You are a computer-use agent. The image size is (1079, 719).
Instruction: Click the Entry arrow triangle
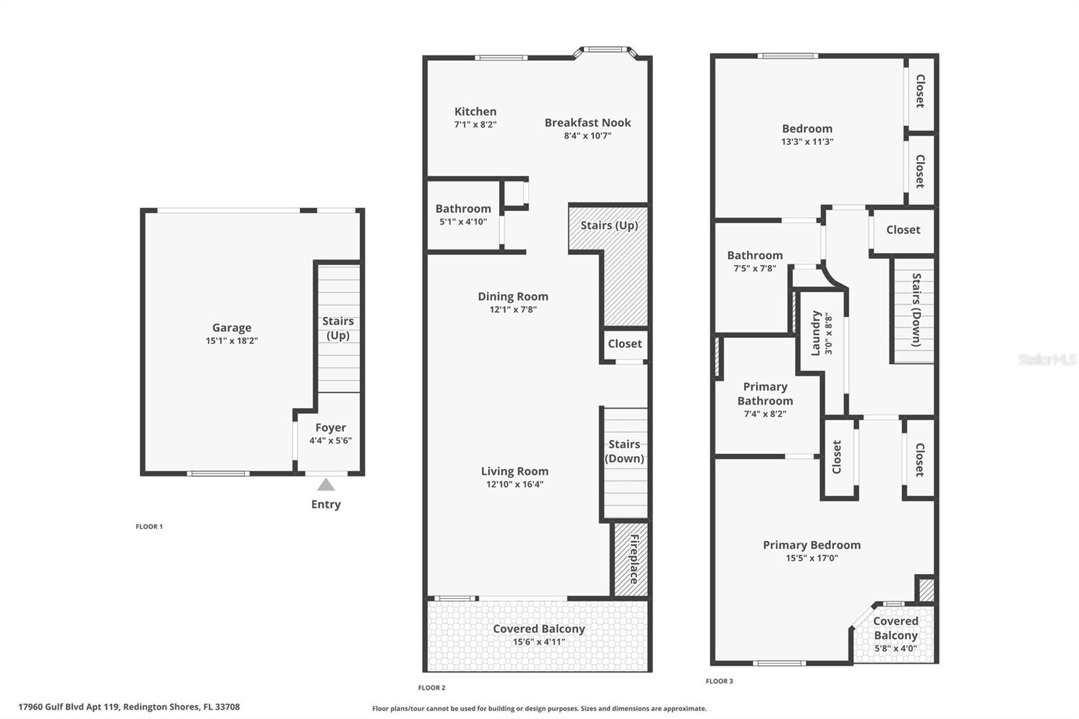click(x=326, y=485)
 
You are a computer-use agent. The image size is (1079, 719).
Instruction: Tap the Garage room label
click(x=231, y=328)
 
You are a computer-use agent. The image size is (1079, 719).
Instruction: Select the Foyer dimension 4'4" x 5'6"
click(x=330, y=441)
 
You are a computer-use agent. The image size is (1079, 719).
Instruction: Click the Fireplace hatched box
click(x=631, y=559)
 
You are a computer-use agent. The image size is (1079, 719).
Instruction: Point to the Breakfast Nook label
click(x=587, y=123)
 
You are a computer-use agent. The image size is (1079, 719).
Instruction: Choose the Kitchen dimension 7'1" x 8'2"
click(x=475, y=125)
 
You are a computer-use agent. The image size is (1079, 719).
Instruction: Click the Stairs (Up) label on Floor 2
click(x=609, y=225)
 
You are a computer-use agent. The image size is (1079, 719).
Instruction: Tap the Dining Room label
click(x=513, y=296)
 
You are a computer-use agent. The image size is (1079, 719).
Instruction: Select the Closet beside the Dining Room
click(x=624, y=344)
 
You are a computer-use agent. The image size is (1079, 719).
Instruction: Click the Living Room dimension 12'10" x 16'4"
click(x=515, y=484)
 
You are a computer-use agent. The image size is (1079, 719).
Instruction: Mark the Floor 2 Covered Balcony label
click(x=539, y=629)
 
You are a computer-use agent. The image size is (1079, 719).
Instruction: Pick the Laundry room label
click(x=816, y=333)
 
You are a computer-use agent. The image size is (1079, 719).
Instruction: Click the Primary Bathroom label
click(x=765, y=393)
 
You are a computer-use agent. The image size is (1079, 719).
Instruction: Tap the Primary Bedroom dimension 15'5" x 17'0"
click(x=811, y=558)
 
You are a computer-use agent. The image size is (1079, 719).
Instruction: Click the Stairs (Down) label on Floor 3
click(x=916, y=310)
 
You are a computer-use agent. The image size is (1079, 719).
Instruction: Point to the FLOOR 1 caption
click(x=149, y=527)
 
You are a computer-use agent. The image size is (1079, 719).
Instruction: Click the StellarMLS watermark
click(x=1047, y=359)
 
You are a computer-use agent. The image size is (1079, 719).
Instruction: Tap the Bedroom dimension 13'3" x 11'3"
click(x=807, y=142)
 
